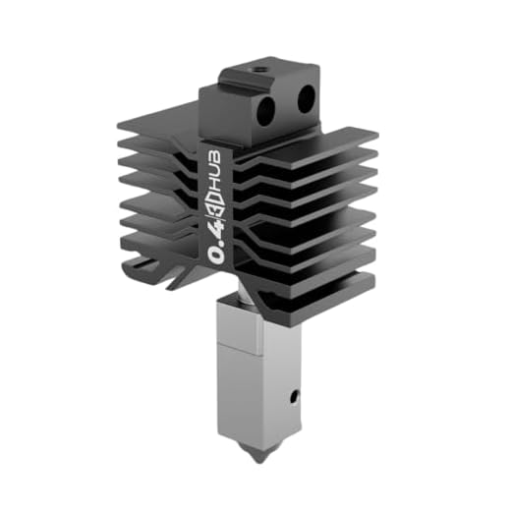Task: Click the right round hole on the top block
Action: (303, 95)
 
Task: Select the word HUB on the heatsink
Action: (217, 160)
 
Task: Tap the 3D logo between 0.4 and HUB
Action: (218, 200)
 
